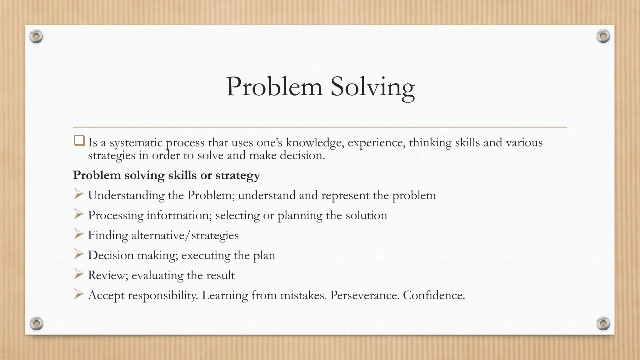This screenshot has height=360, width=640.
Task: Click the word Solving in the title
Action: tap(372, 87)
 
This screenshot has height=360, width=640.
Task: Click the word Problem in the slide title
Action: tap(274, 87)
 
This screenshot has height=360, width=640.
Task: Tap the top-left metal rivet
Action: tap(36, 37)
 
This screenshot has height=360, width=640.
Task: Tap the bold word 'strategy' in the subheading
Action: tap(237, 175)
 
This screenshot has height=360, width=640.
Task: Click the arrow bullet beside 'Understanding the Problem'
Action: tap(78, 195)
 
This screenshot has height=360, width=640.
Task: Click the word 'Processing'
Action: tap(115, 216)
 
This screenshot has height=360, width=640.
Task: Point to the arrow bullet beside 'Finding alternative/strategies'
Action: tap(78, 235)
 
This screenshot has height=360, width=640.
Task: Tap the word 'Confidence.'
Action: tap(434, 295)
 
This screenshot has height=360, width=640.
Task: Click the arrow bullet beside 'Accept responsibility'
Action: tap(78, 295)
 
